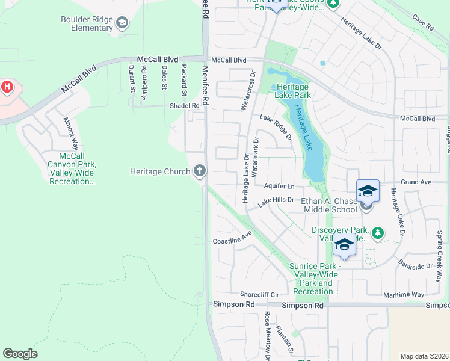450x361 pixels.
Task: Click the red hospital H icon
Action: point(7,87)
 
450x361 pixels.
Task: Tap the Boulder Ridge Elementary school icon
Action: point(122,23)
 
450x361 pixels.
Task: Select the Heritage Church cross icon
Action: point(200,171)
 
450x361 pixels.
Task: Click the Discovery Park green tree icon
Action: point(377,232)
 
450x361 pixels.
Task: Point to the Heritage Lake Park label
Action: point(293,91)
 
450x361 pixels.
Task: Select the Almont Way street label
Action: point(70,133)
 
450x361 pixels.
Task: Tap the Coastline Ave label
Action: point(232,239)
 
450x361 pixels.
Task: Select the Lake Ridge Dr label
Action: point(276,127)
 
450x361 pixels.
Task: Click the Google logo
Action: point(20,354)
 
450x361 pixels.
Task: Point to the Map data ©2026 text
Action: point(424,356)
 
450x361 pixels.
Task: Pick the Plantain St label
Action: point(285,340)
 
